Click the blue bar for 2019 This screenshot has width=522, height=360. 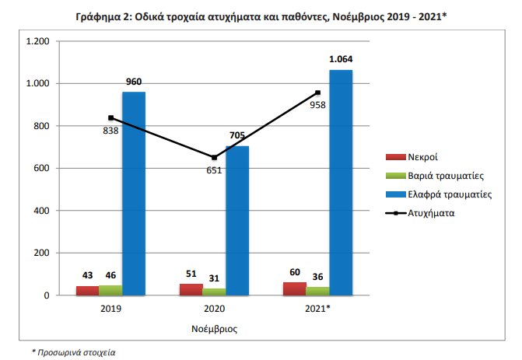click(x=134, y=194)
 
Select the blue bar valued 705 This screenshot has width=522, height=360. click(x=237, y=221)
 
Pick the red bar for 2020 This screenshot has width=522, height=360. click(x=191, y=290)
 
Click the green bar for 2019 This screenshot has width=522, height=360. click(x=110, y=291)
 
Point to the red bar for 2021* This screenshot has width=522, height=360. click(x=294, y=289)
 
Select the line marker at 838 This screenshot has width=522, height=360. click(x=110, y=117)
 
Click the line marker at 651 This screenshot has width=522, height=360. click(x=214, y=157)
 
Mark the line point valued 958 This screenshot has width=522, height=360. click(x=317, y=93)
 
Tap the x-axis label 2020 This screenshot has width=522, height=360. click(x=214, y=309)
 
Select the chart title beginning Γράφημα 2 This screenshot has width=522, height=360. click(x=261, y=15)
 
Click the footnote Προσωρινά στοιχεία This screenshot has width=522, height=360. click(x=74, y=352)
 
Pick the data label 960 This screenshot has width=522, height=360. click(x=134, y=82)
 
